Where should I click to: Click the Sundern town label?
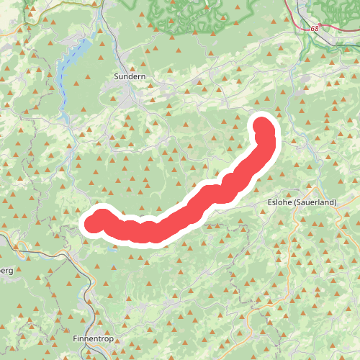pyautogui.click(x=130, y=75)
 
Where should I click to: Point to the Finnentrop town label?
pyautogui.click(x=93, y=338)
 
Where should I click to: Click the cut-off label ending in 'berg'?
pyautogui.click(x=6, y=269)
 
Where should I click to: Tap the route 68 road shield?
pyautogui.click(x=315, y=29)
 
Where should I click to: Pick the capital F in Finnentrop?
pyautogui.click(x=76, y=338)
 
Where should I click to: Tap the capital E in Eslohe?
pyautogui.click(x=269, y=203)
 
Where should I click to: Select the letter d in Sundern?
pyautogui.click(x=131, y=75)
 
